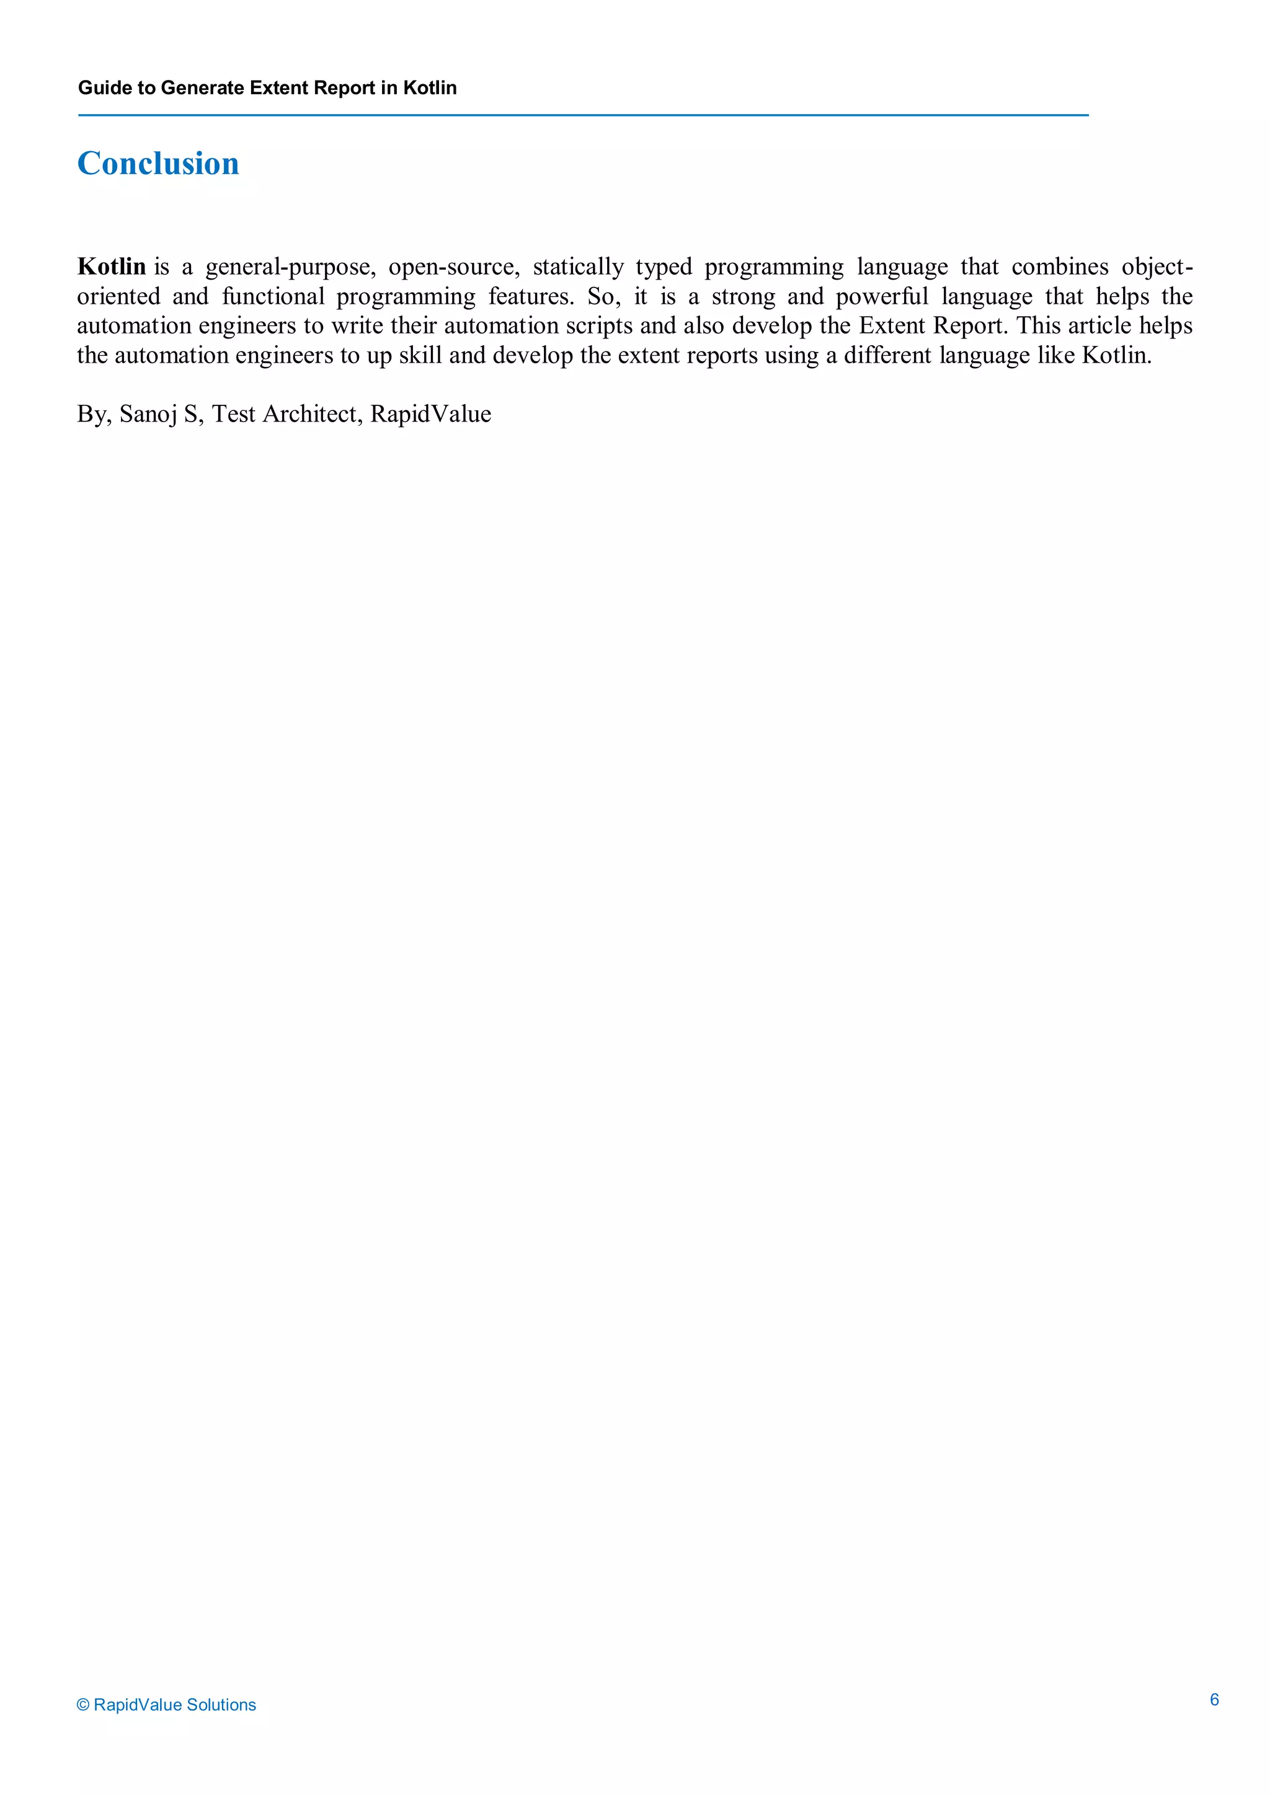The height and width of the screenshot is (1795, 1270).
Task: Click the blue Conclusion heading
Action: [x=158, y=164]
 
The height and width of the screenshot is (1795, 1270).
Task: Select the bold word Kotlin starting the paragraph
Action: [x=111, y=267]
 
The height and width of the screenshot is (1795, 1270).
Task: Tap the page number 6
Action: [x=1214, y=1699]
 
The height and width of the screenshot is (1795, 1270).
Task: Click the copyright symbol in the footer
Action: [x=83, y=1705]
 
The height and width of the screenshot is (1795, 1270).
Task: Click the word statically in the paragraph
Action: [x=578, y=267]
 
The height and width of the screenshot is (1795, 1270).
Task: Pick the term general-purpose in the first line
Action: [x=291, y=267]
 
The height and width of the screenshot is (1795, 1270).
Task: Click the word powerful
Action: [x=882, y=296]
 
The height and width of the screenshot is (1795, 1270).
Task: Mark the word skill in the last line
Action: [x=420, y=356]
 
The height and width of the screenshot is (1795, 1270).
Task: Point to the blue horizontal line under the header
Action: [x=583, y=115]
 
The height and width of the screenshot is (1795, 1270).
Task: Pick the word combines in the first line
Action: [x=1060, y=267]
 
